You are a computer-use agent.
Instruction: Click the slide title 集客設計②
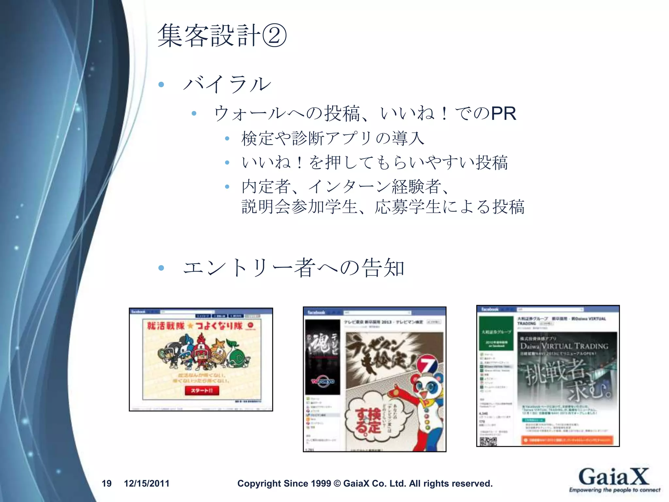[x=222, y=36]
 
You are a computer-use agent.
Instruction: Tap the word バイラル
[x=227, y=84]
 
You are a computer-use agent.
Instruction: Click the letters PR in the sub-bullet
[x=503, y=113]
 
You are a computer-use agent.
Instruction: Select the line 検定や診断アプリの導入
[x=333, y=138]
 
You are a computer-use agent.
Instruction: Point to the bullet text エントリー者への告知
[x=294, y=268]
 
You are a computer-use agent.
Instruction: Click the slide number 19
[x=106, y=483]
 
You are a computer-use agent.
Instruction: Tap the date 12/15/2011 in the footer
[x=147, y=483]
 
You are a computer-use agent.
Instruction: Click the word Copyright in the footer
[x=259, y=483]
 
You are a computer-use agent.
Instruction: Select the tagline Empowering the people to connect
[x=614, y=490]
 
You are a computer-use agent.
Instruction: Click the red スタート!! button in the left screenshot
[x=202, y=391]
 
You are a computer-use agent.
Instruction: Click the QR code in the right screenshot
[x=488, y=441]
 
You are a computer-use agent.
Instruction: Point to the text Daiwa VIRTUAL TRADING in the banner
[x=564, y=346]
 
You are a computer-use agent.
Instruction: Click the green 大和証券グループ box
[x=496, y=333]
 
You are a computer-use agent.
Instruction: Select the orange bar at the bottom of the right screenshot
[x=567, y=440]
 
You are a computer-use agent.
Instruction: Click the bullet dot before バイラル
[x=161, y=85]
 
